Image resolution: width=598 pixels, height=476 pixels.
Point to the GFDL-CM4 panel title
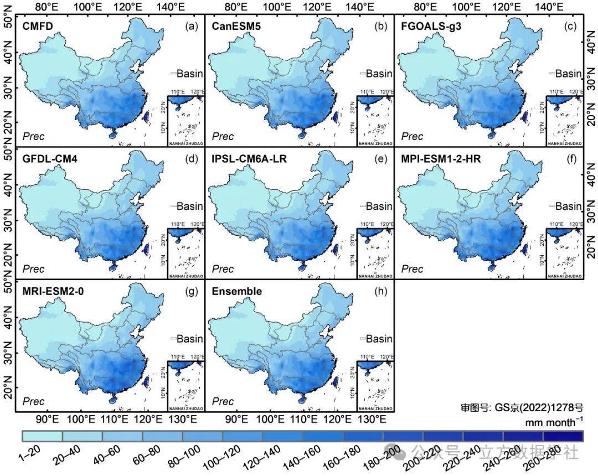coord(50,159)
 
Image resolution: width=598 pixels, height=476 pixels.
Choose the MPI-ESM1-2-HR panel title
coord(441,159)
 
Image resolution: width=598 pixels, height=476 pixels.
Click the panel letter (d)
coord(192,159)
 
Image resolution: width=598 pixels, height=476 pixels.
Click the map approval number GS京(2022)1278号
coord(522,408)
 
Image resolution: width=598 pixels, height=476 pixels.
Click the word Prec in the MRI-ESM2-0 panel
coord(33,401)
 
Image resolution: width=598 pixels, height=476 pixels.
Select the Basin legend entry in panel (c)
coord(568,74)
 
